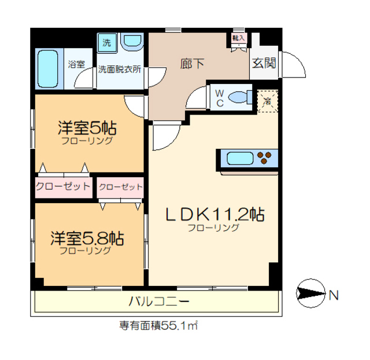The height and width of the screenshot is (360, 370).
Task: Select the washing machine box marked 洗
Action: (x=106, y=42)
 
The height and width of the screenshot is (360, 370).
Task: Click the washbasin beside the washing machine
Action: (x=132, y=42)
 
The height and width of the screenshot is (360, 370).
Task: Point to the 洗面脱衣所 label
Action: (x=120, y=69)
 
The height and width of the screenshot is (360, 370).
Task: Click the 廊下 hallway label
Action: (x=194, y=63)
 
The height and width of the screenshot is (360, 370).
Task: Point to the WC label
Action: (x=220, y=98)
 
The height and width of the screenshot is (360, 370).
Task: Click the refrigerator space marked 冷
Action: (x=267, y=101)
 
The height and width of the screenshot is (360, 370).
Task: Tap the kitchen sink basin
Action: (x=238, y=157)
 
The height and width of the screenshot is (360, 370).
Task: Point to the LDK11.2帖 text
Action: (x=215, y=215)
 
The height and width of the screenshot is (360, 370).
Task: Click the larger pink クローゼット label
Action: (x=62, y=186)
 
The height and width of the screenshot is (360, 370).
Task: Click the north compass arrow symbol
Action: (x=312, y=295)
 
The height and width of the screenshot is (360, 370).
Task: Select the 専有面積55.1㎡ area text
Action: (x=158, y=325)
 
